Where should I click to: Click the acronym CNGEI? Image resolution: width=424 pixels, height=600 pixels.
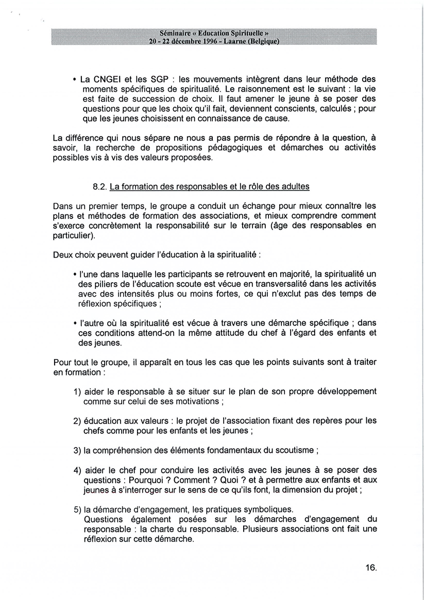[x=106, y=79]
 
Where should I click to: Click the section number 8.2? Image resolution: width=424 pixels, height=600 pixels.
[x=98, y=186]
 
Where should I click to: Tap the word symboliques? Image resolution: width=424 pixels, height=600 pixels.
[x=267, y=509]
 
